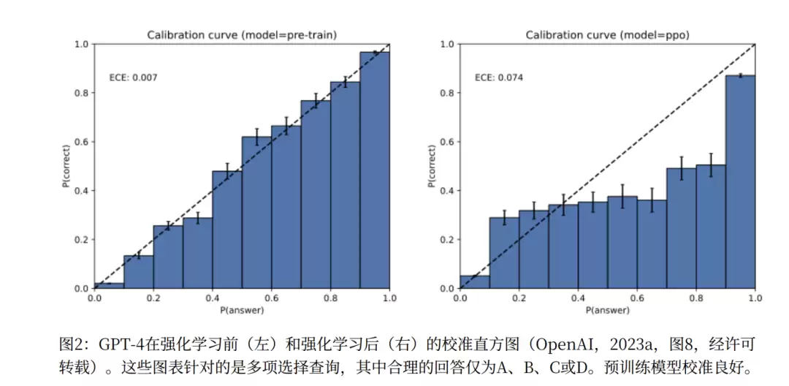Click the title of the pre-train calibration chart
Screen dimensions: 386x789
tap(241, 34)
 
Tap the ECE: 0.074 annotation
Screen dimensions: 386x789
tap(499, 77)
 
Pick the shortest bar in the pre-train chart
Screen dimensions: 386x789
tap(109, 285)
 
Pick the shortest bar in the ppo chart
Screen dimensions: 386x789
tap(475, 281)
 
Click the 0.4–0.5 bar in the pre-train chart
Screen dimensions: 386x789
tap(226, 230)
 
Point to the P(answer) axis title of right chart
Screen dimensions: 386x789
tap(606, 310)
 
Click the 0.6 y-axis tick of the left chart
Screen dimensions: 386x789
tap(82, 142)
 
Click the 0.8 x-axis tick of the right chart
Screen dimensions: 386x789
tap(695, 298)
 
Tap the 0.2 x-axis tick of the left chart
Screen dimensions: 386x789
tap(153, 298)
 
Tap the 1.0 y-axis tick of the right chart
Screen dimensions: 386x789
tap(447, 45)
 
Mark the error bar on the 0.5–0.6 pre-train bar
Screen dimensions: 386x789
tap(256, 137)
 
